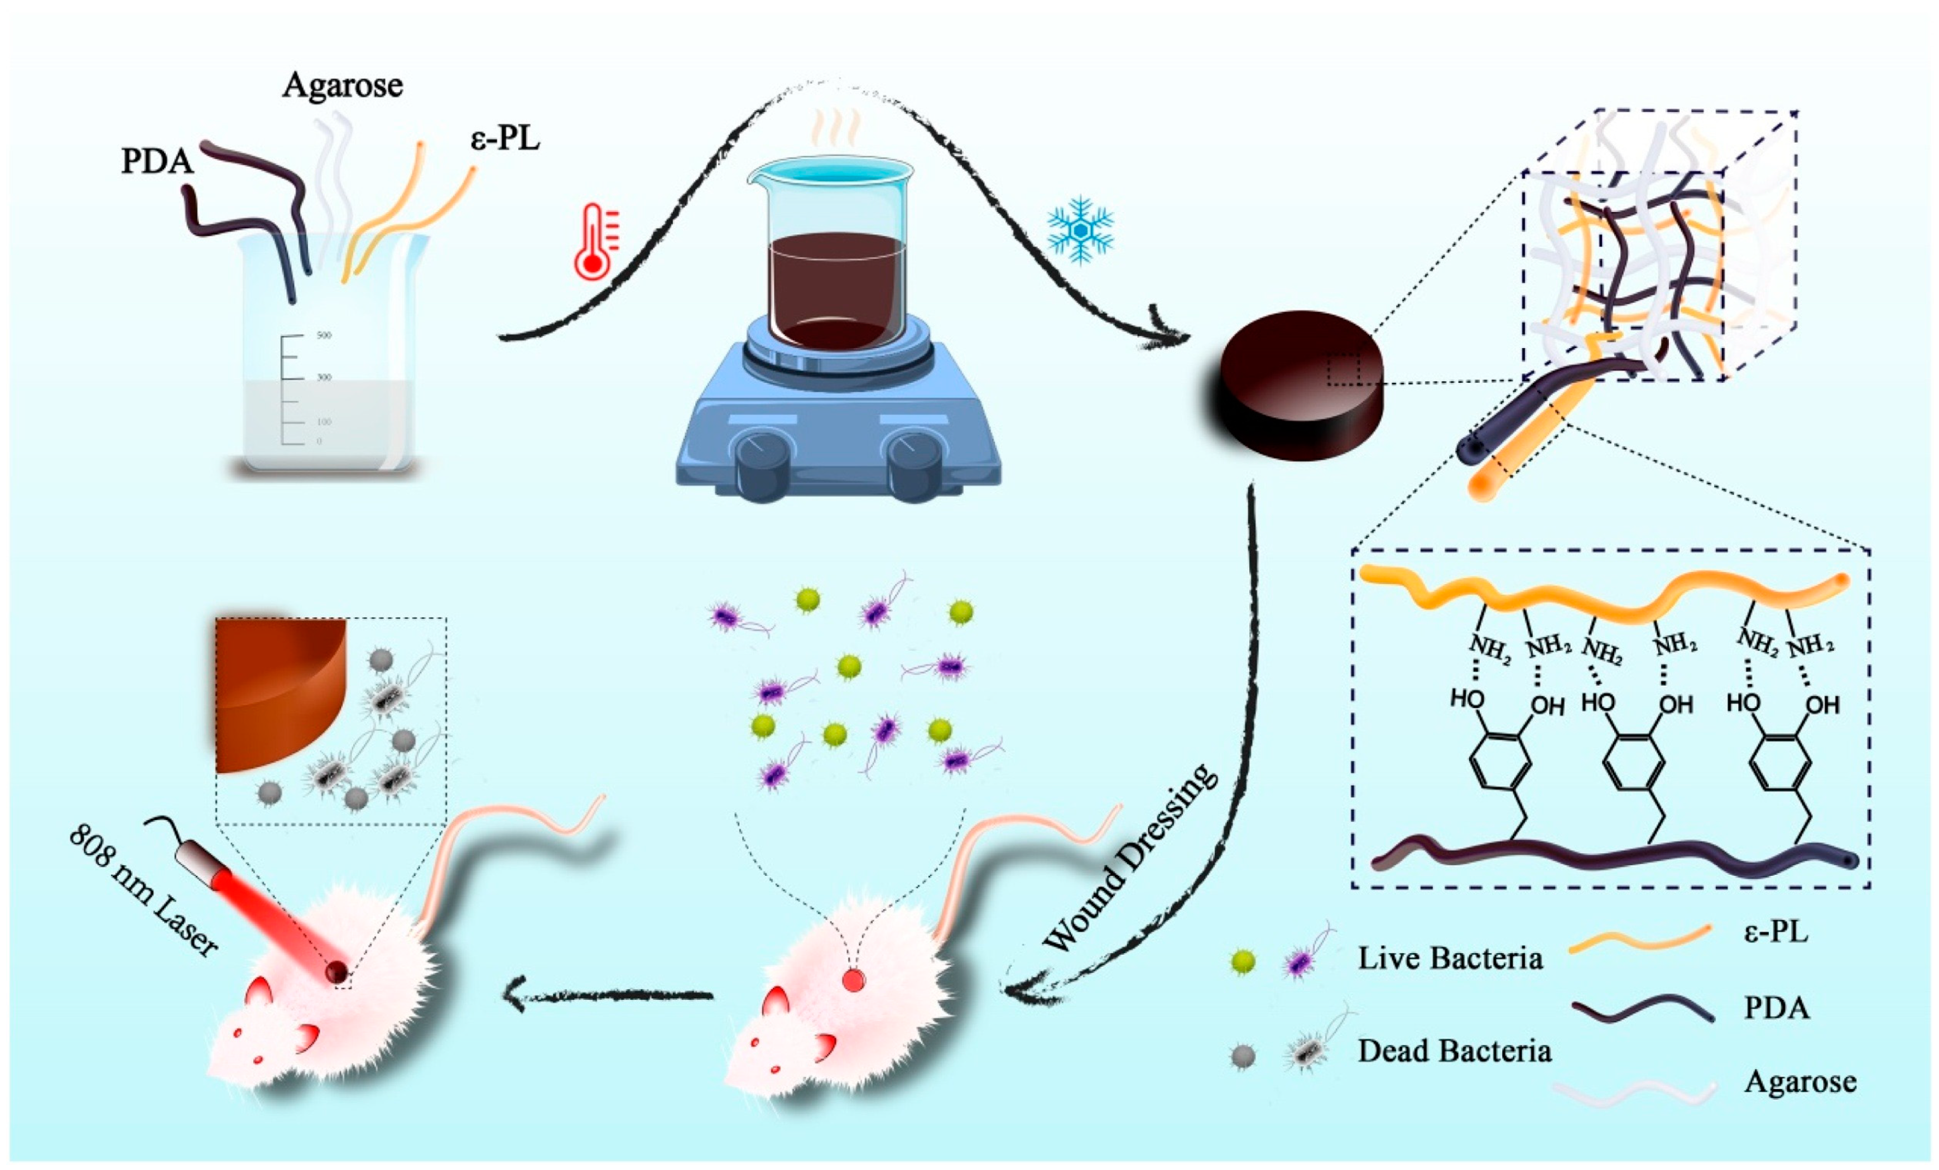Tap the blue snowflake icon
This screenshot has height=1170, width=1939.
pyautogui.click(x=1080, y=224)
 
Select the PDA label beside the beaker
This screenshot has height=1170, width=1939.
pyautogui.click(x=157, y=161)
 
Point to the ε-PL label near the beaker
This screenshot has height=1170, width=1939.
pyautogui.click(x=505, y=139)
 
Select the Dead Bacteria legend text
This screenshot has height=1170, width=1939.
pyautogui.click(x=1454, y=1051)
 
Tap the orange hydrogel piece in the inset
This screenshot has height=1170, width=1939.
pyautogui.click(x=276, y=692)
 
